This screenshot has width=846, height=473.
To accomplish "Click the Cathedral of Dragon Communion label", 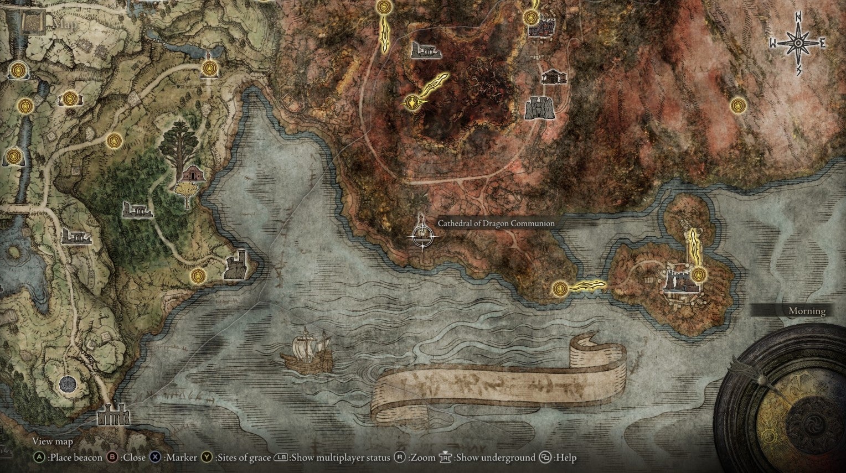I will coord(496,223).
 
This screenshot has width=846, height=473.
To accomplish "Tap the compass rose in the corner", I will coord(798,43).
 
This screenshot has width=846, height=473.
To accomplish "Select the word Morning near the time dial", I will coord(807,311).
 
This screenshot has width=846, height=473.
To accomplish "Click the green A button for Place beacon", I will coord(39,458).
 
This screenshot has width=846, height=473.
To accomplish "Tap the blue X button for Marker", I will coord(156,458).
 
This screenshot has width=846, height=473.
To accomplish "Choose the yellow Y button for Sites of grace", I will coord(207,458).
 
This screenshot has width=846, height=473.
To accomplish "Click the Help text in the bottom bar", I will coord(567,458).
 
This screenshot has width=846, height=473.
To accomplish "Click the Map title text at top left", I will coord(64,24).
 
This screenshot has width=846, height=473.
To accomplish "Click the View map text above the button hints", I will coord(52,441).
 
